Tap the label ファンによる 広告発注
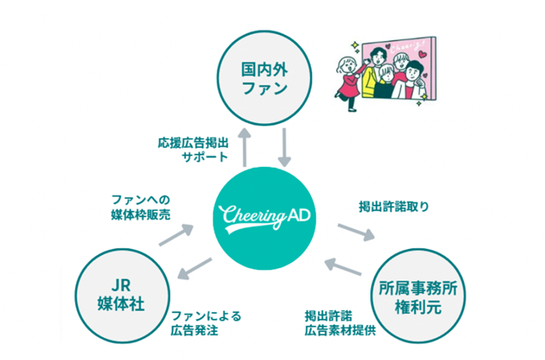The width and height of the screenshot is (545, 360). click(206, 323)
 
